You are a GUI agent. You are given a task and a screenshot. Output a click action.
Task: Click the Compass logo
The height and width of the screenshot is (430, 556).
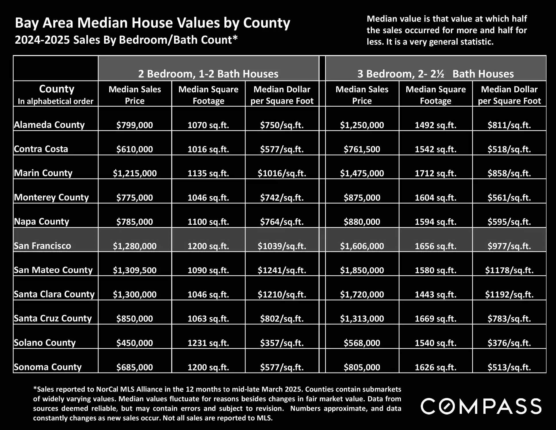point(481,406)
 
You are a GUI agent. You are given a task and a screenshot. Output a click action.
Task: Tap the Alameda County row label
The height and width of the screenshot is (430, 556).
point(49,125)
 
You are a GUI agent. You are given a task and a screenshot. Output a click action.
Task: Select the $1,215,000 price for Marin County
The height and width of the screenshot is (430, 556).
point(135,173)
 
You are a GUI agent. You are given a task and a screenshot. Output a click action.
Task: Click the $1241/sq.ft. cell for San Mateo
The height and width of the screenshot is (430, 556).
point(282,270)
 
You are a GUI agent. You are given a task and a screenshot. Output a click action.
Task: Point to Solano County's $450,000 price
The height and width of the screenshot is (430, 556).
point(135,343)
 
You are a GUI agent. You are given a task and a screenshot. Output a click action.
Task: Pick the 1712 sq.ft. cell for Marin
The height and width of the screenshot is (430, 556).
point(435,173)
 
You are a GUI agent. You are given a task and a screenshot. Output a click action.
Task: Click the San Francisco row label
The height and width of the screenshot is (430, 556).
point(42,246)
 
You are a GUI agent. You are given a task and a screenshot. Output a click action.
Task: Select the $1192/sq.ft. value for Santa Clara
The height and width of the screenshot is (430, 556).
point(509,294)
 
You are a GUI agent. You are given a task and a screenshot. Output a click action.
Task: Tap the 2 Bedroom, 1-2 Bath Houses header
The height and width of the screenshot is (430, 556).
point(208,74)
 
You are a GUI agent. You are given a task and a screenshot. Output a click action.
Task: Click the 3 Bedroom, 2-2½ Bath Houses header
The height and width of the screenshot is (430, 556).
point(435,74)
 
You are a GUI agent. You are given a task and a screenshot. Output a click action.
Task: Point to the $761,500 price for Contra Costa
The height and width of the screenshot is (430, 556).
point(362,149)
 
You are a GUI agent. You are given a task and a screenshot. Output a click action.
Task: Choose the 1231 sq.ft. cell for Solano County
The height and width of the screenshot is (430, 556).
point(208,343)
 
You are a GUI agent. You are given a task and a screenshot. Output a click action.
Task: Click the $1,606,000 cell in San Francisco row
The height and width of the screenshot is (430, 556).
point(362,246)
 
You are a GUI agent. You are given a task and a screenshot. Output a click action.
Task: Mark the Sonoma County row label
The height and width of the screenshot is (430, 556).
point(48,367)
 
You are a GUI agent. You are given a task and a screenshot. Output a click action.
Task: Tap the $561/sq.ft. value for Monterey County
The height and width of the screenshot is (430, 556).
point(509,197)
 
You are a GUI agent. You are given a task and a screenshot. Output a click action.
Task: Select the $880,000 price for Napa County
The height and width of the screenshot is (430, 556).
point(362,222)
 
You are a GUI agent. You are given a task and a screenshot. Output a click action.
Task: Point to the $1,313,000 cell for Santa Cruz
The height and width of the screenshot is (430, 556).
point(362,318)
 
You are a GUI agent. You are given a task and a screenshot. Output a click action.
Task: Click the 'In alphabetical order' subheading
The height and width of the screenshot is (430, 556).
point(56,101)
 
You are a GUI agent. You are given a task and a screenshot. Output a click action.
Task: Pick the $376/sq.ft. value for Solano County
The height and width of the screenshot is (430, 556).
point(509,343)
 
